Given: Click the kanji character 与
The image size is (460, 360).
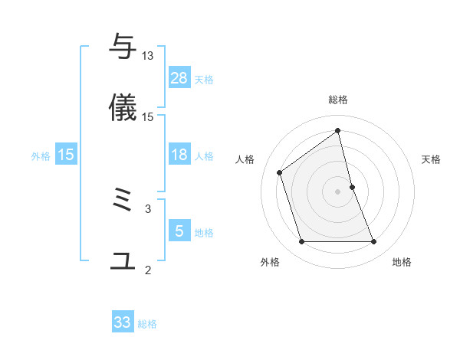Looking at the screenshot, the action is coord(123,47).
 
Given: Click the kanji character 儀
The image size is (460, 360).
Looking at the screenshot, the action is coord(123,107).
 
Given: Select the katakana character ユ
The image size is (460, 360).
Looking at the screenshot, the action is coord(123,261).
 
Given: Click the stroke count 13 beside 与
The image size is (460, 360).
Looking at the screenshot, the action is coord(148,56).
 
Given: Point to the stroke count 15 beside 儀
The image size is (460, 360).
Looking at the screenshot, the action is coord(148,116).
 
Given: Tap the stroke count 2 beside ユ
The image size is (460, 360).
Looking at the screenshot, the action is coord(148,270).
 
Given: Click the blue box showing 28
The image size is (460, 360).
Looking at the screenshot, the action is coord(179,78).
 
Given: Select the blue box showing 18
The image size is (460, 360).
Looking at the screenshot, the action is coord(179,155).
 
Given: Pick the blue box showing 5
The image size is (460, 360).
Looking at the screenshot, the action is coord(179,231).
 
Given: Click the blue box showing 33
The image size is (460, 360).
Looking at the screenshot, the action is coord(123,322).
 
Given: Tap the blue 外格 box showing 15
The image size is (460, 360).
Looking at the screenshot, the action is coord(66,155).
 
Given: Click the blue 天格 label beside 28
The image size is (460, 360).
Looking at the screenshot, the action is coord(204,80).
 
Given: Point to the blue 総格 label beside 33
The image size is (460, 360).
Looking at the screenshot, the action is coord(147,324).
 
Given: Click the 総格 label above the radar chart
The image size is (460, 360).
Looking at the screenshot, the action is coord(338,100).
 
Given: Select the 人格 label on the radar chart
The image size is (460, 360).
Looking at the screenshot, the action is coord(245,159).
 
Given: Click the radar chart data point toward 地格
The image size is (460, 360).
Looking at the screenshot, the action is coord(374,242).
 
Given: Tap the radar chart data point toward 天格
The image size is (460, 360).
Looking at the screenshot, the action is coord(353,187).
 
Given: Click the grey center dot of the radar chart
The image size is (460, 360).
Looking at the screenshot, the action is coord(338,191).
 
